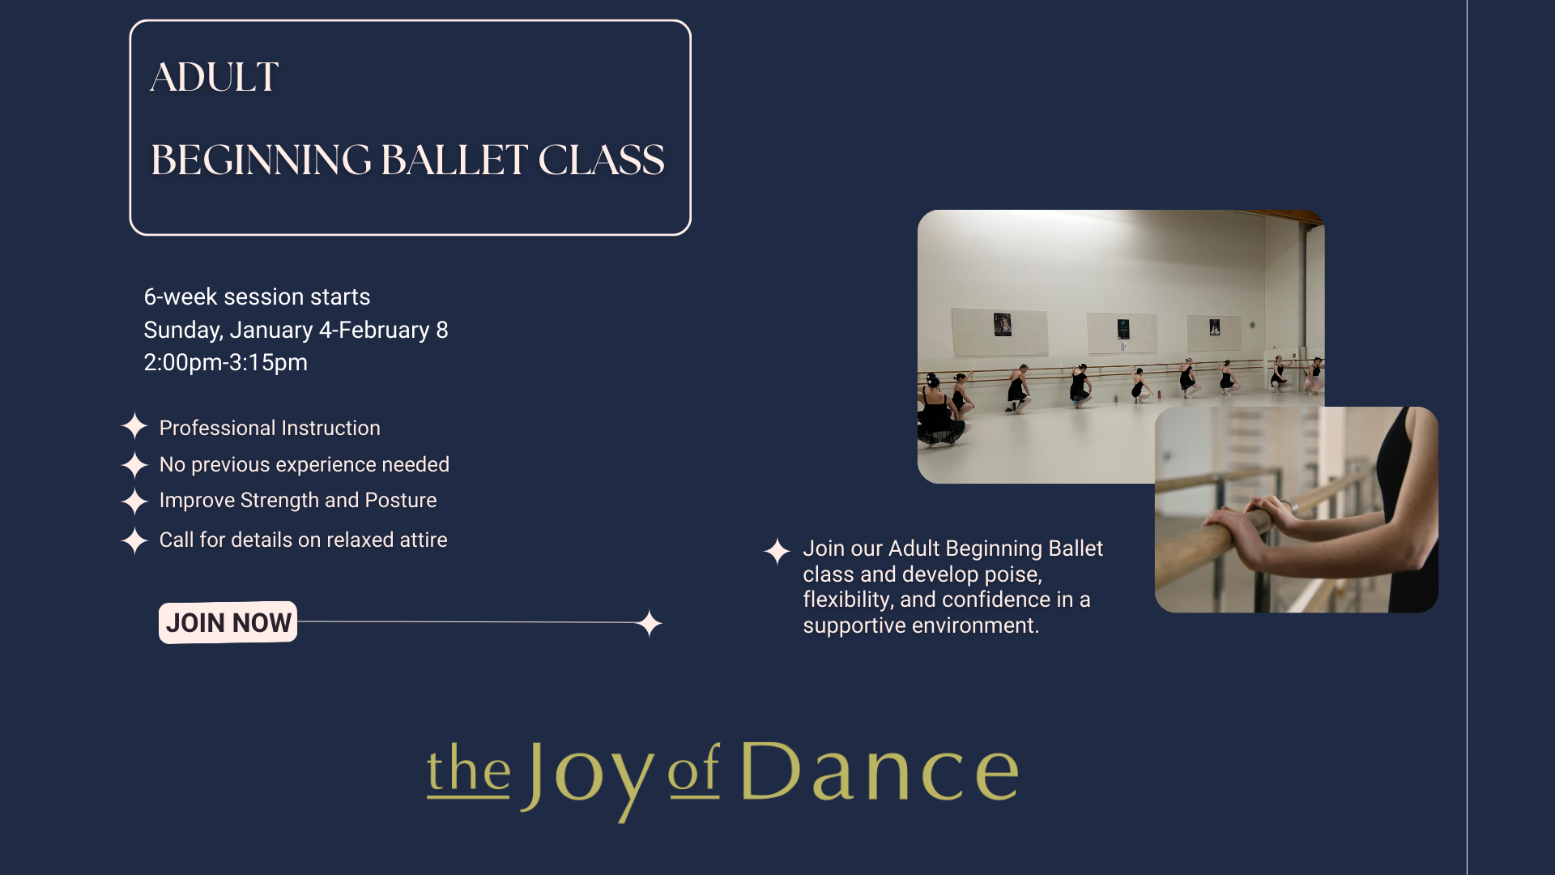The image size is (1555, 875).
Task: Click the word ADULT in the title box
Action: (215, 78)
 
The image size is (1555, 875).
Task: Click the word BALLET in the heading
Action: (454, 160)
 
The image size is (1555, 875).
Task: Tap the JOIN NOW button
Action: (228, 622)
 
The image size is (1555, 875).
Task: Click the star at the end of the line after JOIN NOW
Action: (649, 623)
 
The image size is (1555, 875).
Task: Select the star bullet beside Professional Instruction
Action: (134, 426)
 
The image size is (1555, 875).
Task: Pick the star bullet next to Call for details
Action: (134, 540)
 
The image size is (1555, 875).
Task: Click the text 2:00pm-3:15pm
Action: (225, 362)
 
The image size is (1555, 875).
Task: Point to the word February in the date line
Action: (384, 330)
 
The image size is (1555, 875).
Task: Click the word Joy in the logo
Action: (587, 774)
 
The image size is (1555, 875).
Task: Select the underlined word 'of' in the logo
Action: (693, 771)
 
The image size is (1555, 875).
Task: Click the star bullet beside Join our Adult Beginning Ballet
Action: (777, 551)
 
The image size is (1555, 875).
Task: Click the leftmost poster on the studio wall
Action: (1002, 325)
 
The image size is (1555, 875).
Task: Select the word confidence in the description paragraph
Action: (995, 600)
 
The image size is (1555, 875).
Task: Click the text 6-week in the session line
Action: (180, 297)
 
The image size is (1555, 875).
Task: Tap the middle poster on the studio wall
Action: (1123, 329)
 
